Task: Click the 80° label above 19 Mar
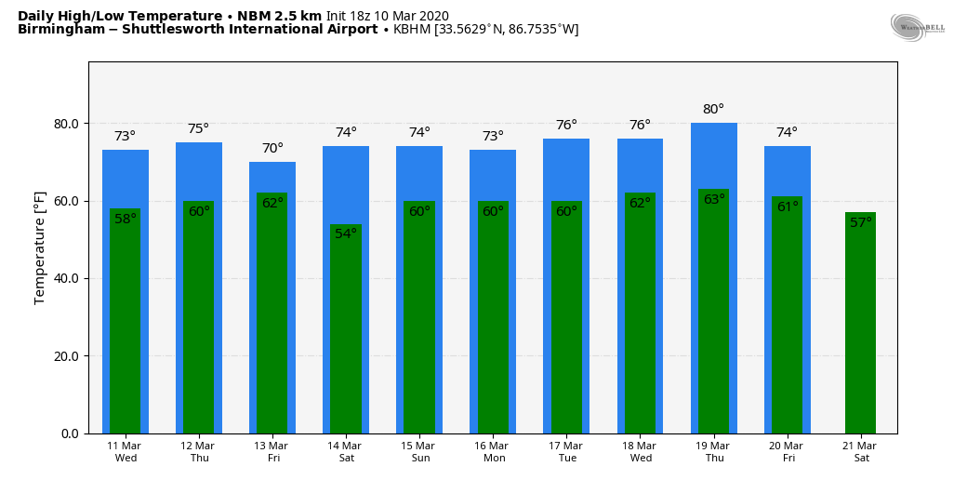[x=713, y=110]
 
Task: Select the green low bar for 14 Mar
[x=346, y=335]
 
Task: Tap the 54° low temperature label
[x=346, y=233]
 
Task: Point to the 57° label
[x=860, y=223]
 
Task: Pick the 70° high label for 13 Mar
[x=272, y=149]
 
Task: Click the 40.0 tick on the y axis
[x=65, y=279]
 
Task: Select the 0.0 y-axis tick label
[x=71, y=433]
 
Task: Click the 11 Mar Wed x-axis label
[x=125, y=452]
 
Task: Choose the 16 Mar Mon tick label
[x=493, y=452]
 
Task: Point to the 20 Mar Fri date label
[x=787, y=452]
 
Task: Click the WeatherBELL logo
[x=917, y=28]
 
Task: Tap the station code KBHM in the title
[x=412, y=30]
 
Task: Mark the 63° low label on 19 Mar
[x=713, y=200]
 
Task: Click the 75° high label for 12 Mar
[x=198, y=129]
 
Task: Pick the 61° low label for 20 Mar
[x=787, y=207]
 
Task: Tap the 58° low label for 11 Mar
[x=125, y=220]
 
